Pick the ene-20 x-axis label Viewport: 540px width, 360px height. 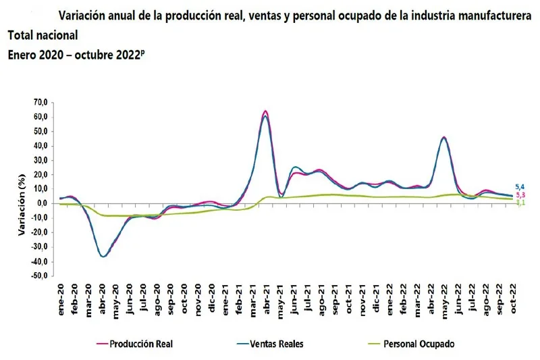click(x=61, y=294)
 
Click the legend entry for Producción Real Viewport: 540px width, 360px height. click(x=139, y=344)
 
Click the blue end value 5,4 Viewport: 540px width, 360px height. click(x=520, y=187)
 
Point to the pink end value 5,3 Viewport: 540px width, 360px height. click(x=520, y=195)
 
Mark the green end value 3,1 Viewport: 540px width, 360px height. click(x=520, y=203)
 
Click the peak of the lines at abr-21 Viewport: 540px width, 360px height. click(x=265, y=111)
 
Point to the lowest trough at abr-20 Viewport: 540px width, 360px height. click(x=103, y=257)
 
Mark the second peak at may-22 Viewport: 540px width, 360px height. click(x=443, y=137)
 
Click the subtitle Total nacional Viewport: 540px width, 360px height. click(x=43, y=35)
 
